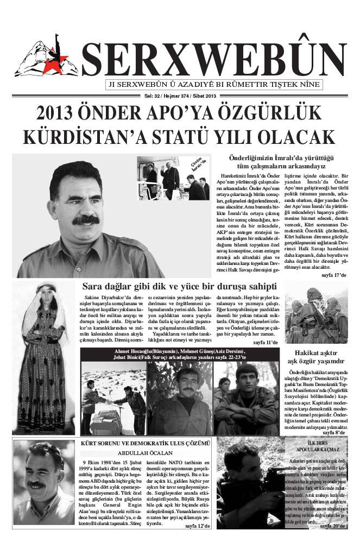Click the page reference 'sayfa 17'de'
334,276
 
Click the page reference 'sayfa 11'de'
266,343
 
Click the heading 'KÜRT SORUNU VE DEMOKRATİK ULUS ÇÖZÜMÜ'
144,444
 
